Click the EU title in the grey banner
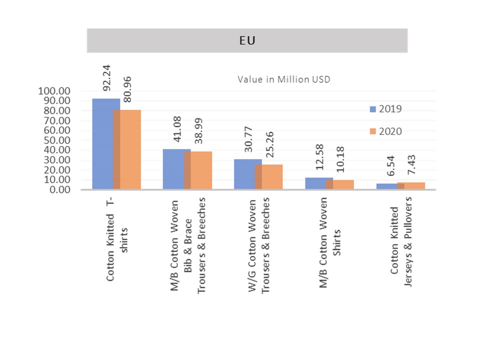[247, 41]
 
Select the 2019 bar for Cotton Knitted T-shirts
[102, 144]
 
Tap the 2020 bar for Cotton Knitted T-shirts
[127, 150]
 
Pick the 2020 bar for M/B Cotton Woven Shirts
[340, 185]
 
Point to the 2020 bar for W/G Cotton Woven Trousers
[269, 177]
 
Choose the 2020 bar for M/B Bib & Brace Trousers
[198, 170]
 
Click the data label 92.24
[106, 81]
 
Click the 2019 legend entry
[385, 109]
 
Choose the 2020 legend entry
[385, 131]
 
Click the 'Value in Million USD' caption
[283, 79]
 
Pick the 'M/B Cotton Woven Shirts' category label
[330, 242]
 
